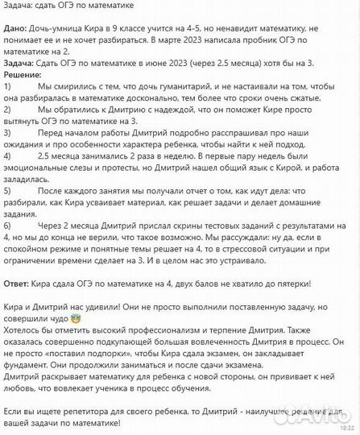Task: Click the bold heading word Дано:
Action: tap(18, 26)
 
